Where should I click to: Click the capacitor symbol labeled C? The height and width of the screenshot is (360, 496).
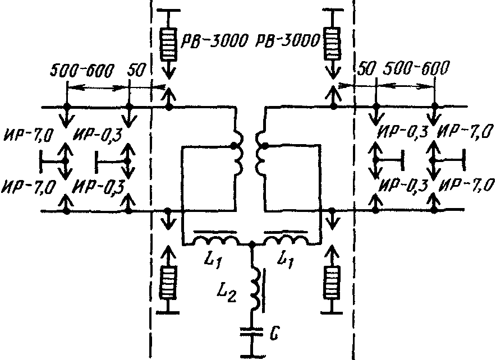(x=252, y=331)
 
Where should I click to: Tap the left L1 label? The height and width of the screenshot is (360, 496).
(x=212, y=260)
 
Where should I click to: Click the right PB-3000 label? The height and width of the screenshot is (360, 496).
(x=287, y=40)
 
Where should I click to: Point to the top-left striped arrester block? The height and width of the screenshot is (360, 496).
(x=168, y=44)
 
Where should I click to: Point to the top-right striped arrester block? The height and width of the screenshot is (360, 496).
(x=332, y=43)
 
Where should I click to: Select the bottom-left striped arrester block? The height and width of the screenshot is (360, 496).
(x=168, y=282)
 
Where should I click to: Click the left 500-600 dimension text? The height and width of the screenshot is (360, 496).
(x=81, y=71)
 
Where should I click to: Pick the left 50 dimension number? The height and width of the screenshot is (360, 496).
(x=136, y=70)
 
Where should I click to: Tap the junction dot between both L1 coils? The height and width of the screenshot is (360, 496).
(x=252, y=244)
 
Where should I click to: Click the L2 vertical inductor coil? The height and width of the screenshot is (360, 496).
(x=256, y=288)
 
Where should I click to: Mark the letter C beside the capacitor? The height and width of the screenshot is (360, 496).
(x=274, y=334)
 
